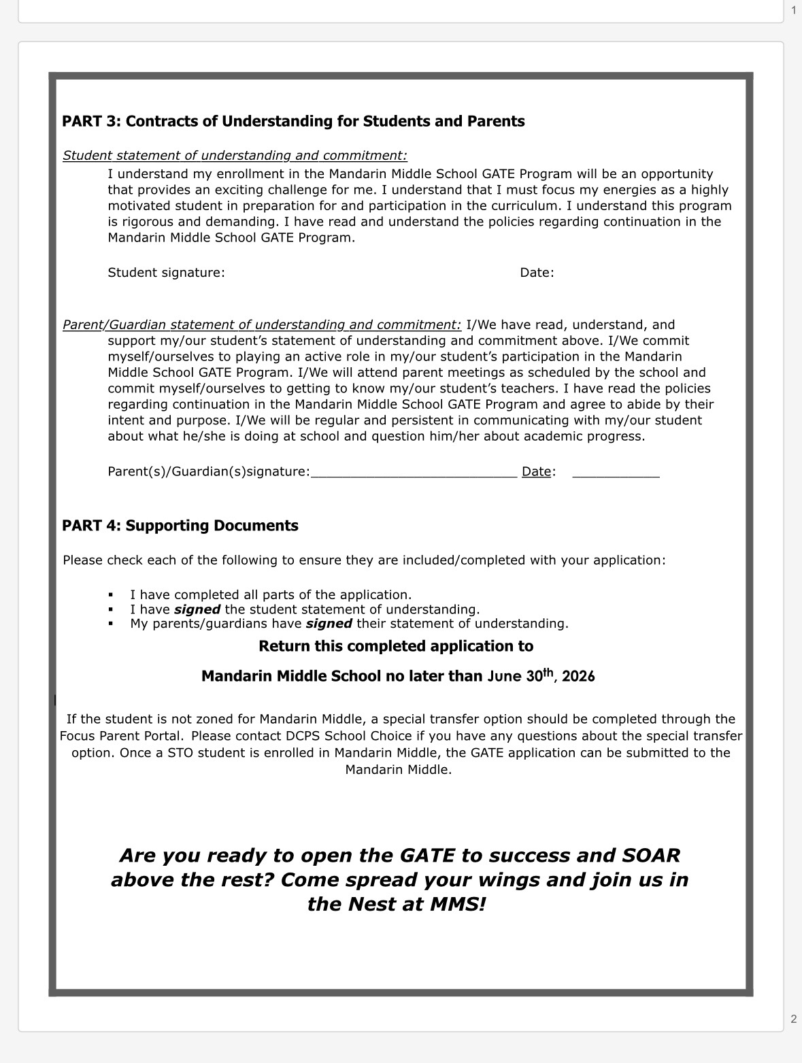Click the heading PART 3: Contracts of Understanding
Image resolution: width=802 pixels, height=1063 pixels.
pos(293,121)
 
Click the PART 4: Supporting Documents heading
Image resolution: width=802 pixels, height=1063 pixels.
pos(180,526)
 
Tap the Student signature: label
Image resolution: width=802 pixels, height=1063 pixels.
pos(166,273)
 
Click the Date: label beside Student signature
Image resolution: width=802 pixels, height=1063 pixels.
pos(537,273)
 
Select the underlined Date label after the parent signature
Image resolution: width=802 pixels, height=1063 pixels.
pos(536,471)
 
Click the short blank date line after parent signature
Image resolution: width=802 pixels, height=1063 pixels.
pos(616,474)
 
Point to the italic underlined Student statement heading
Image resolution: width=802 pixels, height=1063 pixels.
pos(235,156)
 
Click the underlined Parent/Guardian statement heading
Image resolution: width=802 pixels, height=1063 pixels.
pos(262,325)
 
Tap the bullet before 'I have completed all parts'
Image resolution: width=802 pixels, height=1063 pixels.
pos(112,595)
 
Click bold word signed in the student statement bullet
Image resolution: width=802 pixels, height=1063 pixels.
pos(197,609)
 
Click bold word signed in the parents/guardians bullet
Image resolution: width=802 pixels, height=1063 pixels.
pos(329,624)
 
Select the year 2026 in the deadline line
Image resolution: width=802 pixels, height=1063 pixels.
pos(578,677)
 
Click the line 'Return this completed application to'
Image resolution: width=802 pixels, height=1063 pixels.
pos(396,646)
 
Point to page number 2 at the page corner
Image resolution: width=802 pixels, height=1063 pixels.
pos(793,1019)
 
